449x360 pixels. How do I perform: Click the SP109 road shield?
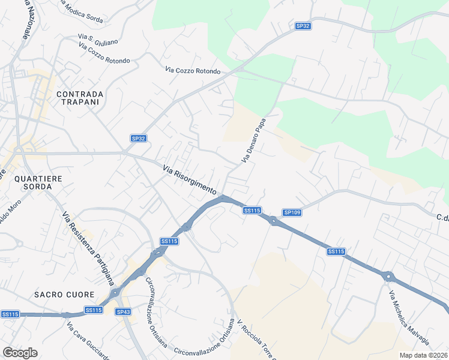[292, 212]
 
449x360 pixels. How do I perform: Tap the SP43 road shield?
[124, 312]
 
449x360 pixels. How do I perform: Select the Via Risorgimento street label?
[189, 179]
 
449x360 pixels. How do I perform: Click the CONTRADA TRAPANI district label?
[80, 98]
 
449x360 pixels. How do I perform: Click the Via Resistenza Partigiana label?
[87, 247]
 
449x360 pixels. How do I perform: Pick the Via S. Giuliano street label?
[98, 40]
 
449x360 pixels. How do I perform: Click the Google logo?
[20, 353]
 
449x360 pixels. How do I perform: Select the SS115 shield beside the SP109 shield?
[252, 211]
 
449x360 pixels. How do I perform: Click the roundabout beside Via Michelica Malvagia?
[388, 277]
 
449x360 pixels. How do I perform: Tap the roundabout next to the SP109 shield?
[274, 221]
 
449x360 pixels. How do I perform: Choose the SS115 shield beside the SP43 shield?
[93, 310]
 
